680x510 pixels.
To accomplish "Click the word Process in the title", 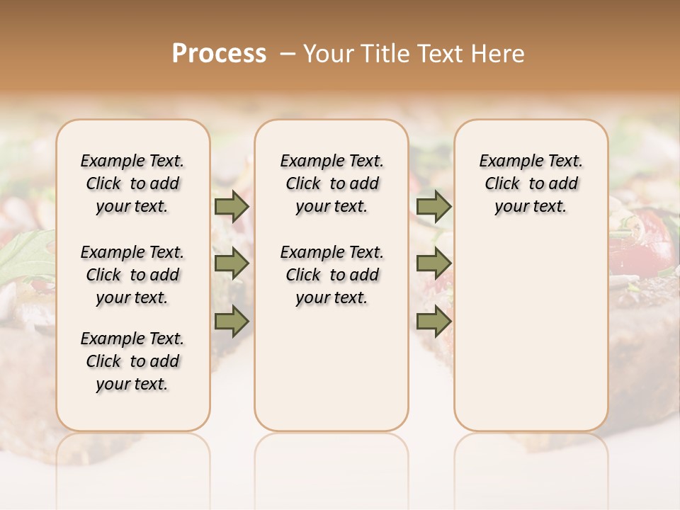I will pos(219,54).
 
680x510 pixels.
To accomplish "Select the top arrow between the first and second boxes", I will pos(232,207).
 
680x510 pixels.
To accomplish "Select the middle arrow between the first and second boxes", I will pos(232,264).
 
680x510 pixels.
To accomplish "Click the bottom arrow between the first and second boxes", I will pos(232,321).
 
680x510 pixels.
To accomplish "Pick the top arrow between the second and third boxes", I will pos(433,207).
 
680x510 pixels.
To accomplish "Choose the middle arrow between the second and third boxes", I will pos(433,264).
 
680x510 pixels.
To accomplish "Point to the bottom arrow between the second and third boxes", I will pos(433,321).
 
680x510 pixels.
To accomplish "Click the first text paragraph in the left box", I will pos(132,183).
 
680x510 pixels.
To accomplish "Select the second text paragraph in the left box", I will pos(132,275).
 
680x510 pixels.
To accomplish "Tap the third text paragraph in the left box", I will pos(132,361).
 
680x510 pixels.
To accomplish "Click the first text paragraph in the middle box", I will pos(331,183).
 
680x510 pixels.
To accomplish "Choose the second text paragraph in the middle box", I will pos(331,275).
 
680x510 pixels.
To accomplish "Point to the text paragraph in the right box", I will pos(531,183).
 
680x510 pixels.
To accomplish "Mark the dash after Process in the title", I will pos(288,54).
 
